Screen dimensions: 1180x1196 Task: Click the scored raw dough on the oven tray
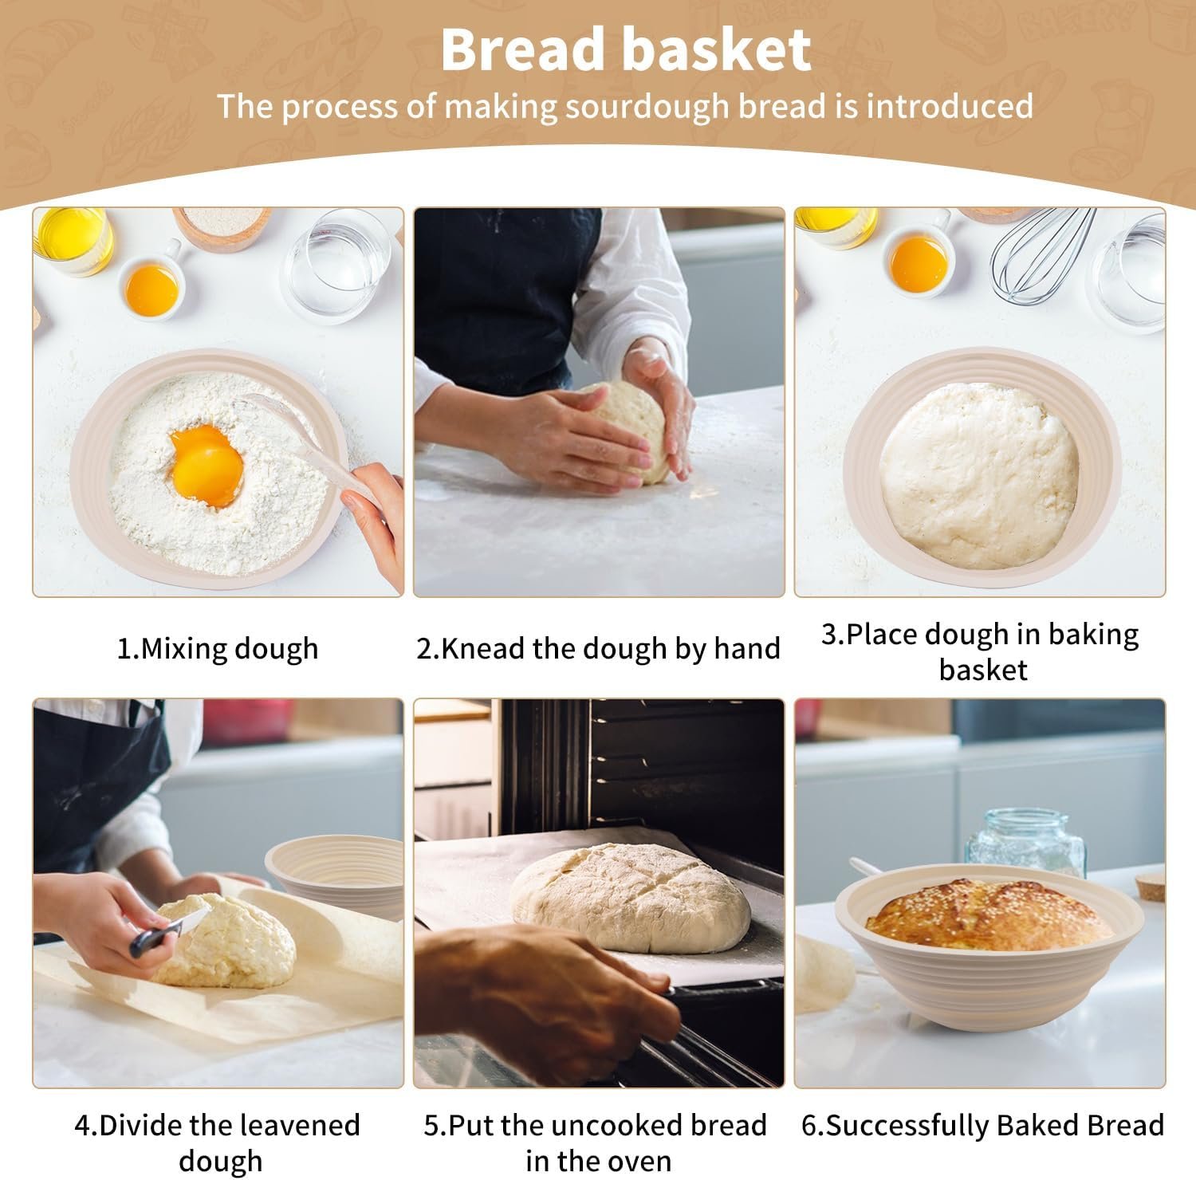point(630,897)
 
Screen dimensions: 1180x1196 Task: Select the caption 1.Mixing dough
point(217,648)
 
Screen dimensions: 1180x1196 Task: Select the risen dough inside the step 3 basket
point(979,476)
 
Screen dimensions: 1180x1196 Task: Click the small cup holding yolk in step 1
point(151,289)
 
